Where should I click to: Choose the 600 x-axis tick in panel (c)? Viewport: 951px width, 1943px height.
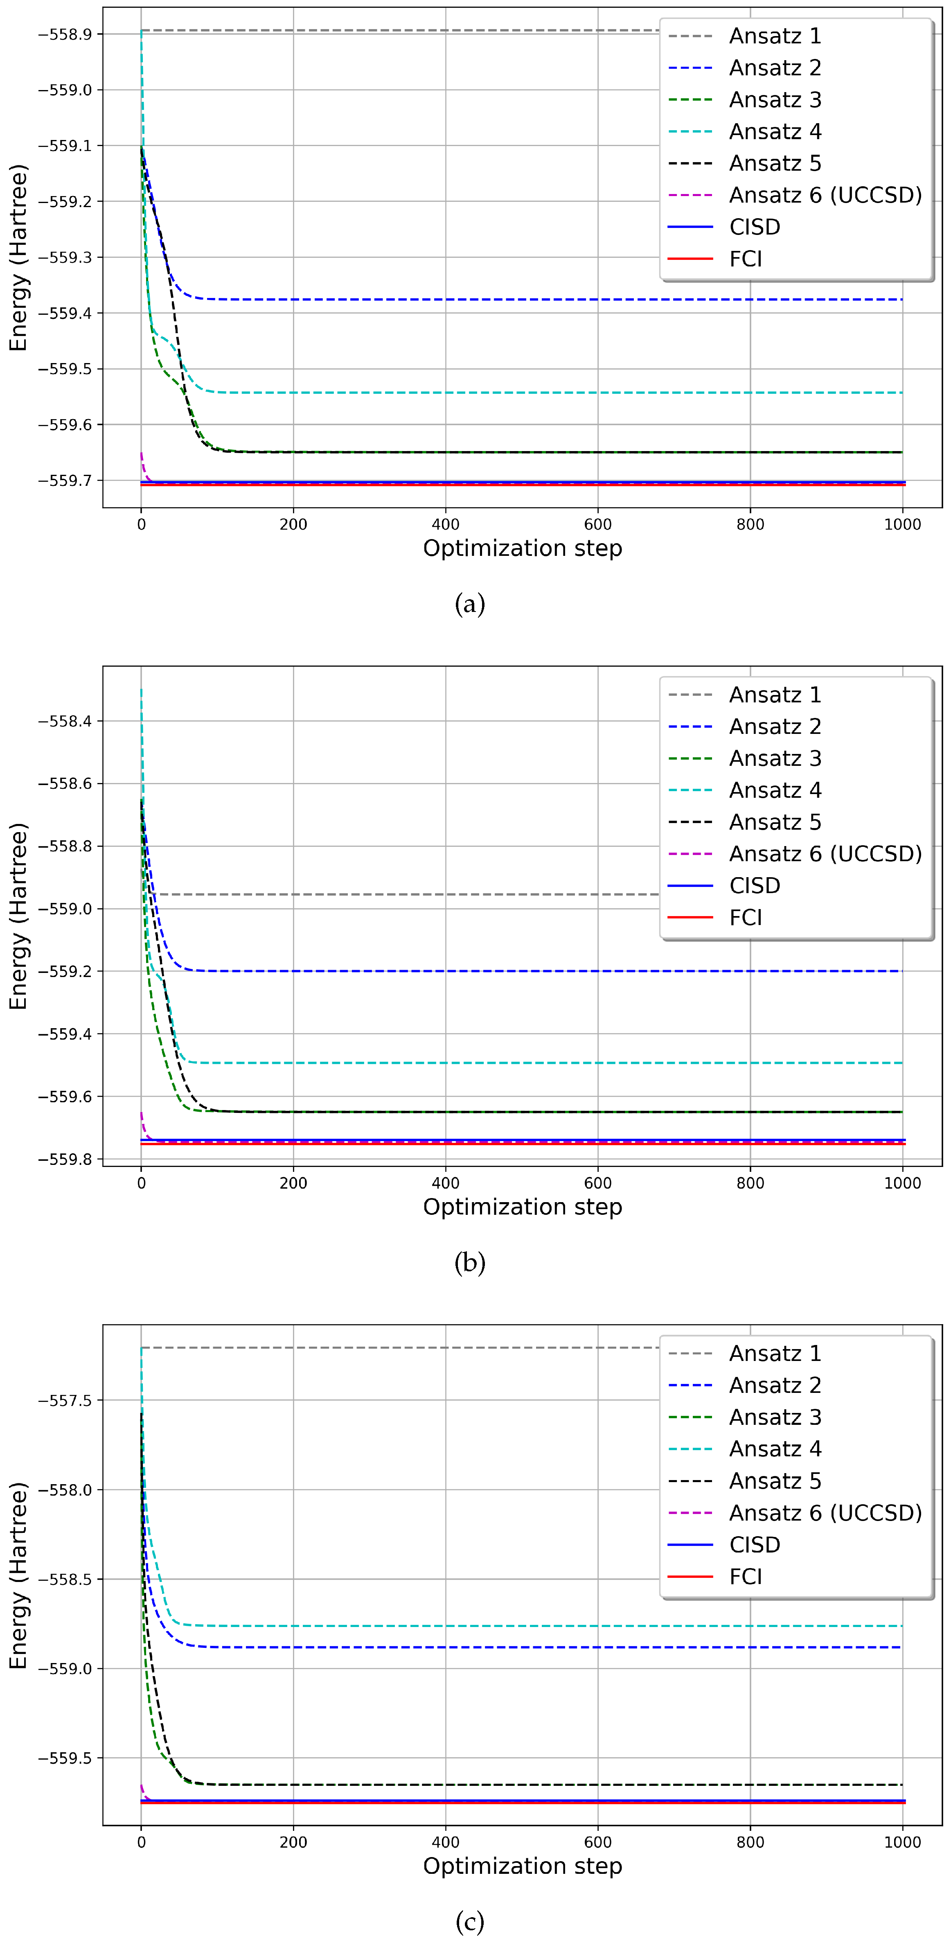click(x=598, y=1842)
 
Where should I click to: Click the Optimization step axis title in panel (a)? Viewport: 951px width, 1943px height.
click(x=523, y=548)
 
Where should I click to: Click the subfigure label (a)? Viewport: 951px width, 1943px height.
click(x=470, y=604)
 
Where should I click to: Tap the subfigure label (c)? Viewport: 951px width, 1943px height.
click(x=470, y=1921)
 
